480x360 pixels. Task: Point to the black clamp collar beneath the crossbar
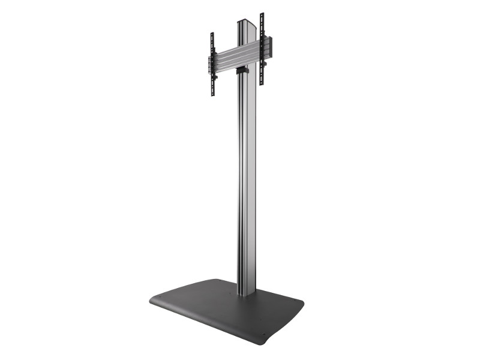click(241, 71)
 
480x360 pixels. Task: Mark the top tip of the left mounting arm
click(212, 34)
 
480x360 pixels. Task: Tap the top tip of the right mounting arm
click(261, 14)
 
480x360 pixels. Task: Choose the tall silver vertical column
click(247, 180)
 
